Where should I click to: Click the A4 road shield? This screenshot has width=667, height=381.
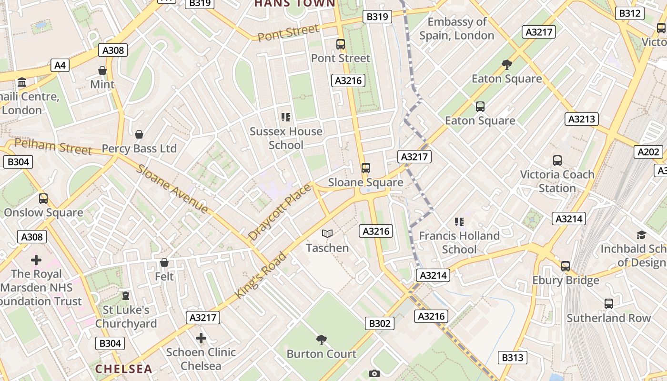[x=60, y=65]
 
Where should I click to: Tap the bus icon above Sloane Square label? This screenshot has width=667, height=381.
[x=365, y=168]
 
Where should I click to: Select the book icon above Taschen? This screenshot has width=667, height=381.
[x=327, y=233]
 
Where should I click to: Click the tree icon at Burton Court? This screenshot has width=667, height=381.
[x=322, y=340]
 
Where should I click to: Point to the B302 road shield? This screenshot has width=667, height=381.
[x=380, y=324]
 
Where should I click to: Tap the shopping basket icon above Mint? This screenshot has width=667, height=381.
[x=102, y=70]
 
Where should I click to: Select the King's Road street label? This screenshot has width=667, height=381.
[x=261, y=276]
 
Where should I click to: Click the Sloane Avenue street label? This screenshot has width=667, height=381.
[x=172, y=189]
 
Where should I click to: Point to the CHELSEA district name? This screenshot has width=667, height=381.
[x=123, y=369]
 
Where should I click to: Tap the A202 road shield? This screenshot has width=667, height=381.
[x=648, y=152]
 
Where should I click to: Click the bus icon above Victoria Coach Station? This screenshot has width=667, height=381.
[x=557, y=160]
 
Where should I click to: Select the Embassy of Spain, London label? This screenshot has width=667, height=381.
[x=456, y=29]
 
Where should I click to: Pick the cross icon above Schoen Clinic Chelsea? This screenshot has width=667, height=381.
[x=201, y=338]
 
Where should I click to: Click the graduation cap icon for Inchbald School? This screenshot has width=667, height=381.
[x=641, y=235]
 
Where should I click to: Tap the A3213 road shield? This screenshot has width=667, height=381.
[x=582, y=119]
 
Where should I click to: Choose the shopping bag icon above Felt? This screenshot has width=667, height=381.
[x=164, y=262]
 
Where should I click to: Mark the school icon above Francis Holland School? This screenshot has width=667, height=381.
[x=459, y=221]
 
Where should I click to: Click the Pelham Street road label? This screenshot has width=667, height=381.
[x=53, y=147]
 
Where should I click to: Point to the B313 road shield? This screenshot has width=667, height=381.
[x=513, y=358]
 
